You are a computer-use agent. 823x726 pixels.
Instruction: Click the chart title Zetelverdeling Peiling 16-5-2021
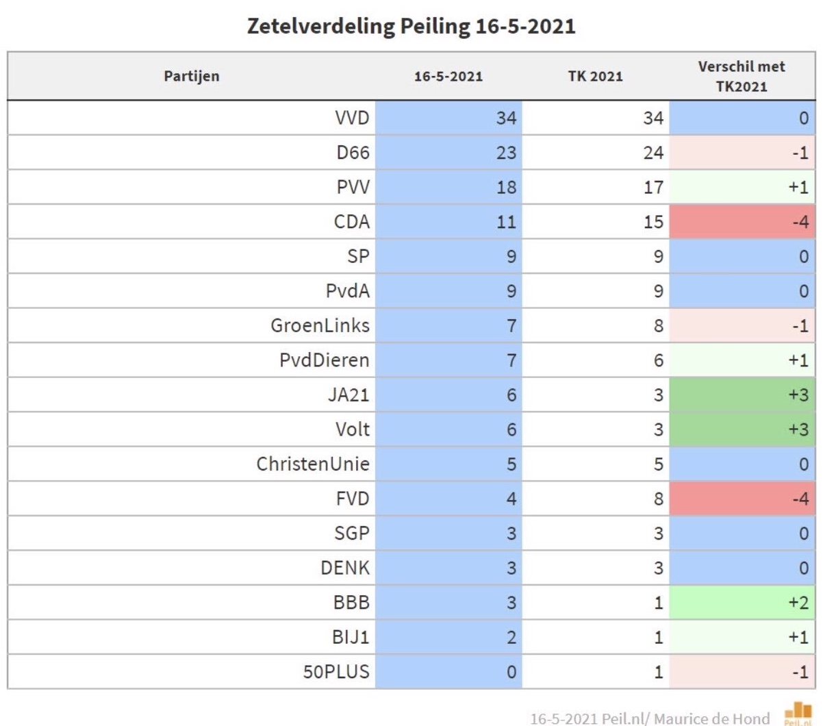tap(411, 26)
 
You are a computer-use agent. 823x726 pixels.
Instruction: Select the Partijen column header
tap(192, 76)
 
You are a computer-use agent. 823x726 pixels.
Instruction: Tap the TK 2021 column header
tap(595, 76)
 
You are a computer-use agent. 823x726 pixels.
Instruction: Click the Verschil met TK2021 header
tap(742, 76)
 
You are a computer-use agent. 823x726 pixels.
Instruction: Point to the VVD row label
tap(352, 118)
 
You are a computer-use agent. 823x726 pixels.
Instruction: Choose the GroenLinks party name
tap(320, 325)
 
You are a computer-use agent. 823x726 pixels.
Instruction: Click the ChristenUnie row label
tap(313, 464)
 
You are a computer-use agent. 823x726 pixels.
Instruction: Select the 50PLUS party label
tap(336, 672)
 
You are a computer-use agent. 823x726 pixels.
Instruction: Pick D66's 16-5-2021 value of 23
tap(506, 152)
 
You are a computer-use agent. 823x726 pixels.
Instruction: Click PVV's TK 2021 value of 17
tap(653, 187)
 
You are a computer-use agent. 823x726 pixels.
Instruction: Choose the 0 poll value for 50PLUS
tap(511, 672)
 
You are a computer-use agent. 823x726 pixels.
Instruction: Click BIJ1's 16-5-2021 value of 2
tap(511, 637)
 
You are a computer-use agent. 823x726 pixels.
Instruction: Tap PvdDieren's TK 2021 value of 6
tap(658, 360)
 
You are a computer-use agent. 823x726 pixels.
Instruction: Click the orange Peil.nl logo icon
tap(798, 712)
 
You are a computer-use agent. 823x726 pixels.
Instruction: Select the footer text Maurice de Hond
tap(712, 718)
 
